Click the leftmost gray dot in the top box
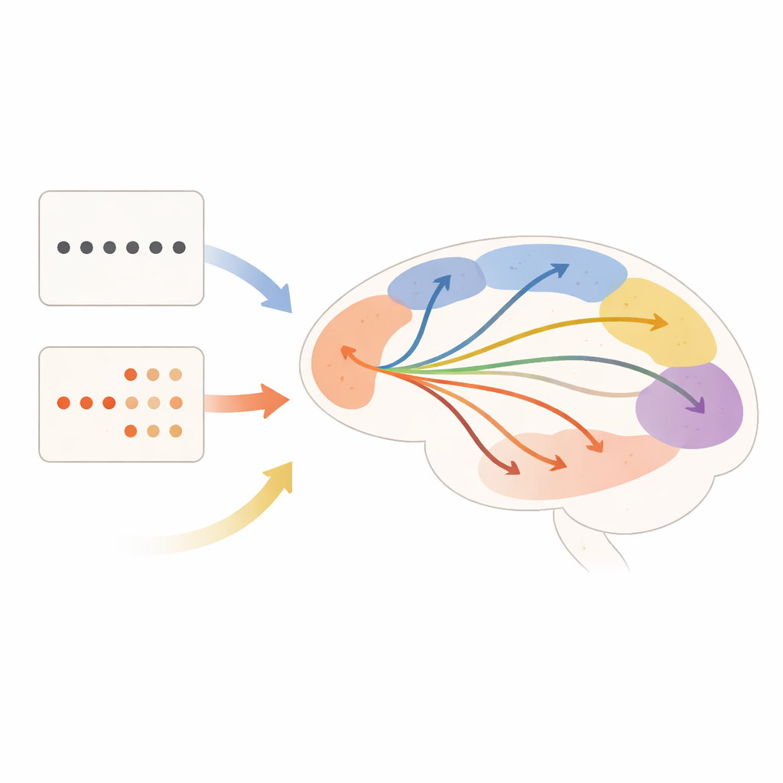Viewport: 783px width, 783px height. coord(63,248)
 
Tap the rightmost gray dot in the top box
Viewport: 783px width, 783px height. coord(179,248)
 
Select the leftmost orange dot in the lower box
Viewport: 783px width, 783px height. coord(63,402)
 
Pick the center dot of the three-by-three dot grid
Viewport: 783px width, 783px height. coord(153,402)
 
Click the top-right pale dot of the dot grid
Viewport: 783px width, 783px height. coord(176,375)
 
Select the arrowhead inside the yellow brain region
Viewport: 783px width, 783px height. coord(658,323)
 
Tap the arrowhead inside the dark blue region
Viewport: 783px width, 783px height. coord(442,281)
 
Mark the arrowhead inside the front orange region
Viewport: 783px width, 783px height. coord(348,353)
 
